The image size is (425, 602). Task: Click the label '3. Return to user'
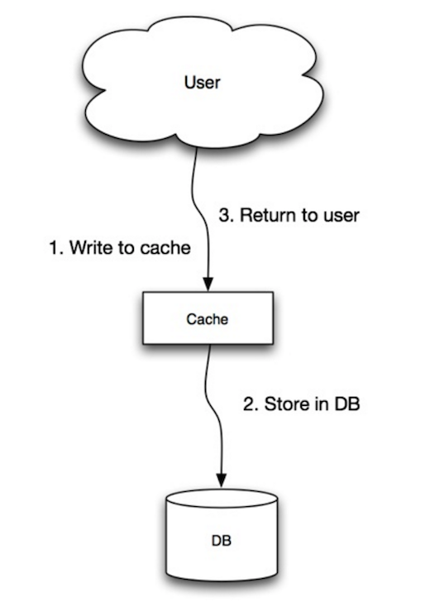pyautogui.click(x=289, y=215)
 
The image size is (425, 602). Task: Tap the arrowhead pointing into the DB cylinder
pyautogui.click(x=222, y=480)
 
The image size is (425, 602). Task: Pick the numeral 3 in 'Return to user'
pyautogui.click(x=224, y=215)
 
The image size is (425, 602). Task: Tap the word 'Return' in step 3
pyautogui.click(x=260, y=215)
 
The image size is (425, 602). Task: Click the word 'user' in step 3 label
pyautogui.click(x=342, y=215)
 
